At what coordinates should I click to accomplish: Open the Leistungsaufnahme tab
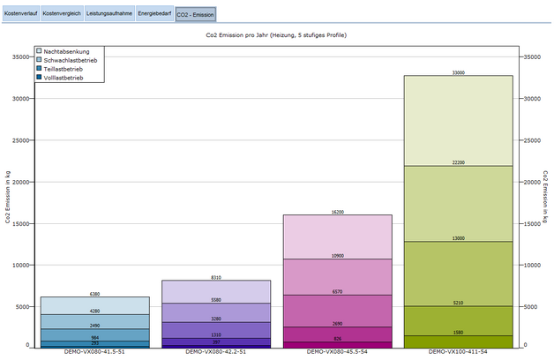(x=109, y=14)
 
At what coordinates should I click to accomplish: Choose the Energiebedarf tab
(x=154, y=14)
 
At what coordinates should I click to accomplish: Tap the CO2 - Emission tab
(x=195, y=14)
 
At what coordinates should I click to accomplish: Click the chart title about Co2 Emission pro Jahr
(x=275, y=34)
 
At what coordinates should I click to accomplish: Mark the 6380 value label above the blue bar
(x=94, y=294)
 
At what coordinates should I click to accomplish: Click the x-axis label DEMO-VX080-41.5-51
(x=94, y=351)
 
